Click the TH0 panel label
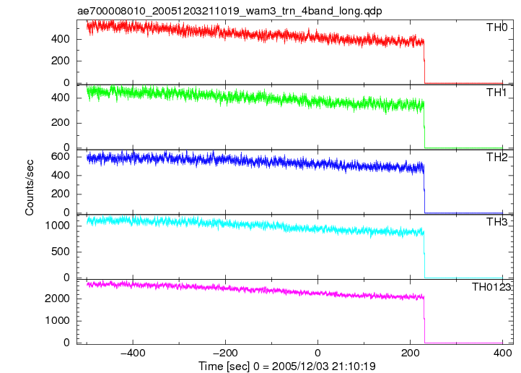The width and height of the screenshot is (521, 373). point(496,27)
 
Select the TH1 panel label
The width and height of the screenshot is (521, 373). point(496,93)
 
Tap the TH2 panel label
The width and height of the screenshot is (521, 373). point(496,157)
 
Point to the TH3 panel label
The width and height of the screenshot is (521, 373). point(496,222)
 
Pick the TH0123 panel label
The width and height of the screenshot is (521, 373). point(491,287)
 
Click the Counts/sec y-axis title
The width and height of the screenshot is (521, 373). point(30,188)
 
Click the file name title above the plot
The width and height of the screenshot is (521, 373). point(229,11)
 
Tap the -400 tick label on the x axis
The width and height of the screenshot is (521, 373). point(133,353)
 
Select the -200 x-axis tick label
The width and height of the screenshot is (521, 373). point(225,353)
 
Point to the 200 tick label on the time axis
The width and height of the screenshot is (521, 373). point(410,353)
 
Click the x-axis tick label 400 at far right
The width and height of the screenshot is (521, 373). point(502,353)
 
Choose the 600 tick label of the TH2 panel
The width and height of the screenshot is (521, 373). point(60,157)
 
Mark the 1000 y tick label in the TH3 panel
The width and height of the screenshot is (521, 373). point(57,226)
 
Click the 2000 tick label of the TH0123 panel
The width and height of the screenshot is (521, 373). point(57,299)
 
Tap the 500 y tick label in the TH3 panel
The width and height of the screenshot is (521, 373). point(60,252)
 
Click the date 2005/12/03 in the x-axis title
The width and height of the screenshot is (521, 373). point(300,366)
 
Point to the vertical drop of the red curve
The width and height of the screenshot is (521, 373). point(424,61)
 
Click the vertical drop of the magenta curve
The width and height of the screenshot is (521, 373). point(424,320)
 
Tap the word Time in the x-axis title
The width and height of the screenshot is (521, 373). point(211,366)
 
